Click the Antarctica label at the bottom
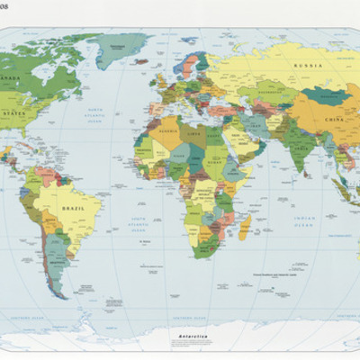point(194,336)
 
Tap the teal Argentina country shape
point(56,261)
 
